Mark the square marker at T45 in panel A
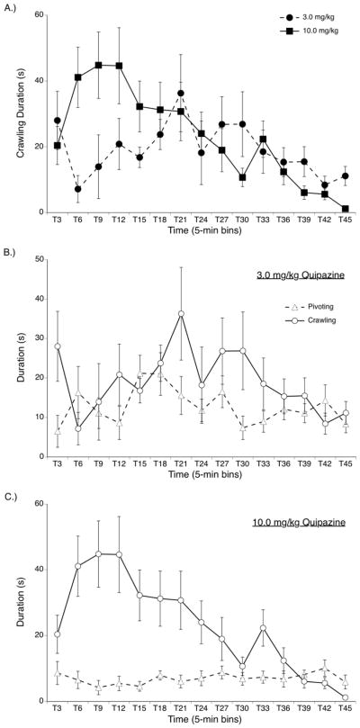click(346, 209)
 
